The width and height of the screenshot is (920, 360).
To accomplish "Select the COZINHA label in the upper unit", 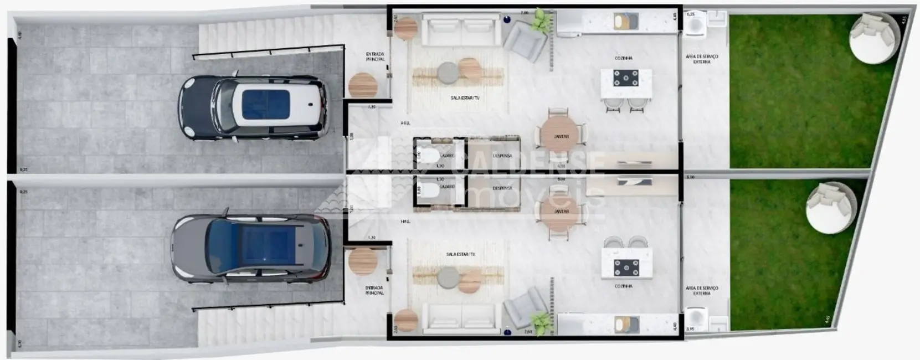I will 623,58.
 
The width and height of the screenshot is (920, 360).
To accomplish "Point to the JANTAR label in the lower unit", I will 562,212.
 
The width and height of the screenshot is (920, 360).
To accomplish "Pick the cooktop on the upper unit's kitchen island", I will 626,78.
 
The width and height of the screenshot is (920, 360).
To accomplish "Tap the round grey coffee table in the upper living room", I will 448,71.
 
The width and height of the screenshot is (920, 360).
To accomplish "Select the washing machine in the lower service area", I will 695,320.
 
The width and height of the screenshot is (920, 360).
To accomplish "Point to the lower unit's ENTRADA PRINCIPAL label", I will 374,290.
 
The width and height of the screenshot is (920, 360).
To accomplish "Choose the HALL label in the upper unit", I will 405,123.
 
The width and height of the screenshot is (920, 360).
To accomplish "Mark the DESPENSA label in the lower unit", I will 502,188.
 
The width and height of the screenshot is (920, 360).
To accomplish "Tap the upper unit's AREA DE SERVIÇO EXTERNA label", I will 701,59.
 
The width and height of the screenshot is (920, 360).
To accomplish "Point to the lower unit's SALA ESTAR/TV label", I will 460,254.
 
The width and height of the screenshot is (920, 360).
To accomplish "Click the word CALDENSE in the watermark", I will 532,162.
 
